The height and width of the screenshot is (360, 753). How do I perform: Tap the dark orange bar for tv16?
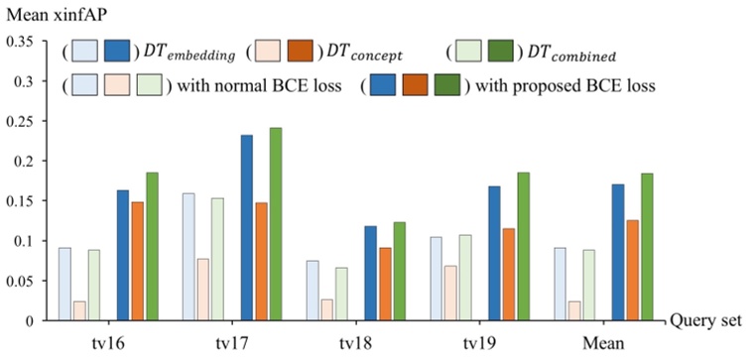click(137, 261)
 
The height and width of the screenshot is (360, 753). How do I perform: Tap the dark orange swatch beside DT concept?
click(299, 50)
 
